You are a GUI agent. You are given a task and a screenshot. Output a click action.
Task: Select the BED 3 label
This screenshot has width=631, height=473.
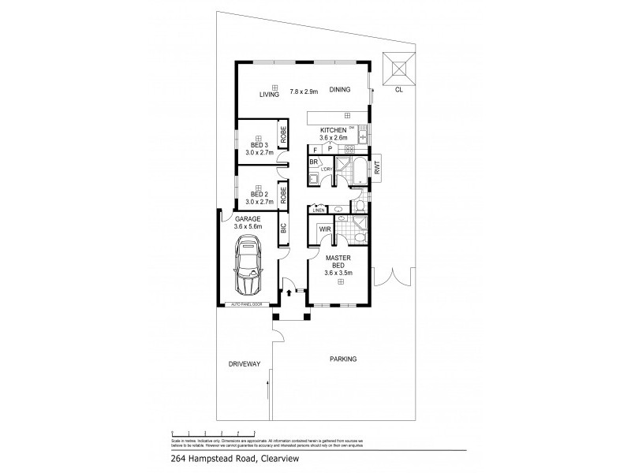(259, 145)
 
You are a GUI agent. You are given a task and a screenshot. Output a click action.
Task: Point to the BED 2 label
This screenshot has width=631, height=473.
(259, 194)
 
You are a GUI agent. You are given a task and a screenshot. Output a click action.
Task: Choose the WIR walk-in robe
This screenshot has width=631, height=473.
(324, 231)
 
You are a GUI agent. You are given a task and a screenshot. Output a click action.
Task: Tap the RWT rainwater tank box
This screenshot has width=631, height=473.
(378, 167)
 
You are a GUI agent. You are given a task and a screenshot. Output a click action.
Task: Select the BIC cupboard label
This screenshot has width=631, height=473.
(282, 229)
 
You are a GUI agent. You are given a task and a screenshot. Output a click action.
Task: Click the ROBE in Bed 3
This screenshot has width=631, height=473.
(282, 135)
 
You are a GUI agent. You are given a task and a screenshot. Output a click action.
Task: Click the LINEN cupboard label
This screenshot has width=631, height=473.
(319, 210)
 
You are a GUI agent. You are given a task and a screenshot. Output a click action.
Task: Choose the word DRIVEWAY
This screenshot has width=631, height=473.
(244, 364)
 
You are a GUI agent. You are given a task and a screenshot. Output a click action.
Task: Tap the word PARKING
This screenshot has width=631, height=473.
(343, 359)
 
